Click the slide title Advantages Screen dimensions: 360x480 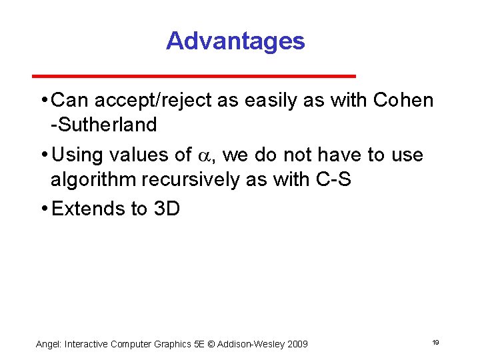(235, 41)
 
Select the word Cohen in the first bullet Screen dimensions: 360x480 (404, 101)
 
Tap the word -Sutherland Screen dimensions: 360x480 (104, 125)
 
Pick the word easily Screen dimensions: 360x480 (276, 101)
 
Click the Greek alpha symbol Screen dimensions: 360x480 (204, 156)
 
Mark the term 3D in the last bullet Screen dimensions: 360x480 (167, 209)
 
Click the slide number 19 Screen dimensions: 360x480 (435, 342)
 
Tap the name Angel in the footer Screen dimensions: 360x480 (47, 344)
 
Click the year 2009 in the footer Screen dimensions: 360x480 (297, 344)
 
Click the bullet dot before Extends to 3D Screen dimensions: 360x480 (43, 209)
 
